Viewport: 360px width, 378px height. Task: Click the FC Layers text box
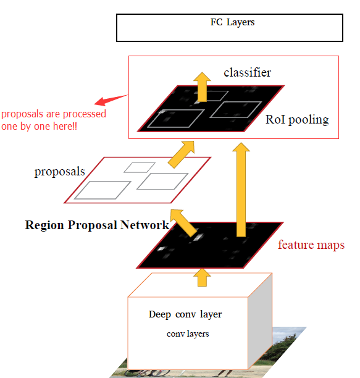(229, 28)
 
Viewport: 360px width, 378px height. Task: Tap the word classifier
(247, 73)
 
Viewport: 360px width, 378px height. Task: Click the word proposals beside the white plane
(59, 172)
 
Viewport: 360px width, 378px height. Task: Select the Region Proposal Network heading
(97, 225)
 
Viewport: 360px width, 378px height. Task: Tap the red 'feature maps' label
(311, 245)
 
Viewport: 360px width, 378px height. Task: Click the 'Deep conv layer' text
(185, 314)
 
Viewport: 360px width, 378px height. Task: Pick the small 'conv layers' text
(188, 334)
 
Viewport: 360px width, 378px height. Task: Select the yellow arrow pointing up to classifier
(201, 86)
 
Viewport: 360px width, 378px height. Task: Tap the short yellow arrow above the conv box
(200, 277)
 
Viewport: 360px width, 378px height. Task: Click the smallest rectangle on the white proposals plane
(139, 167)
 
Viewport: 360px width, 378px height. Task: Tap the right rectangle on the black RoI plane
(233, 110)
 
